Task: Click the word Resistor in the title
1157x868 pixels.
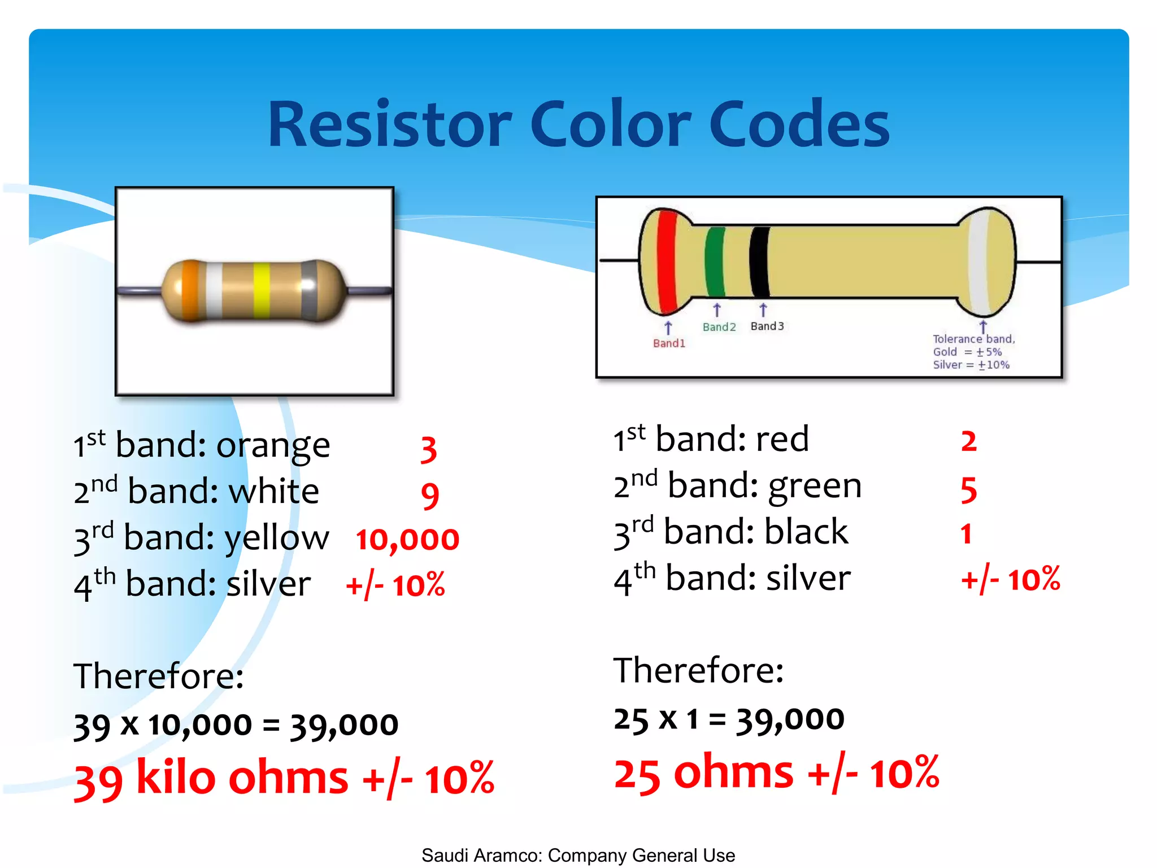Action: [x=389, y=124]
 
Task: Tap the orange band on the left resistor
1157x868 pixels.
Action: [x=191, y=290]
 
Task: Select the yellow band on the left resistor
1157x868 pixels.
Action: [x=261, y=290]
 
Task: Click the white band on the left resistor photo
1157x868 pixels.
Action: [x=214, y=290]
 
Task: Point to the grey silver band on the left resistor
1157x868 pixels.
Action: [x=309, y=290]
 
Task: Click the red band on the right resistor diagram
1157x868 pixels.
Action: [x=667, y=262]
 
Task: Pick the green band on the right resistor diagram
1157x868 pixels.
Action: [x=715, y=262]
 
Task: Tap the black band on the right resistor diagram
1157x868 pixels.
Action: [x=760, y=262]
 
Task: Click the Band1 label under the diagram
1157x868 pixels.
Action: [x=669, y=343]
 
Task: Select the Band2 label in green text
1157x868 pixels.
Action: [x=719, y=327]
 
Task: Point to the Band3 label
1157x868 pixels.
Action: [x=767, y=326]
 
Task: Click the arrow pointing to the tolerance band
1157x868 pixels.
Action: [x=983, y=327]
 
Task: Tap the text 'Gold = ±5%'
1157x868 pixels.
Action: [x=967, y=352]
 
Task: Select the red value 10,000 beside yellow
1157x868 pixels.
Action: [x=407, y=539]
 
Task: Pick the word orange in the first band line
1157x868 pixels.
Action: [x=273, y=446]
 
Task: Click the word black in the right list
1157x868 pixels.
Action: [x=806, y=532]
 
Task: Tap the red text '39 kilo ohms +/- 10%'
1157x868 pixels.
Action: [x=284, y=779]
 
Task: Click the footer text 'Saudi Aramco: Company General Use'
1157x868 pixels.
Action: [x=578, y=855]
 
